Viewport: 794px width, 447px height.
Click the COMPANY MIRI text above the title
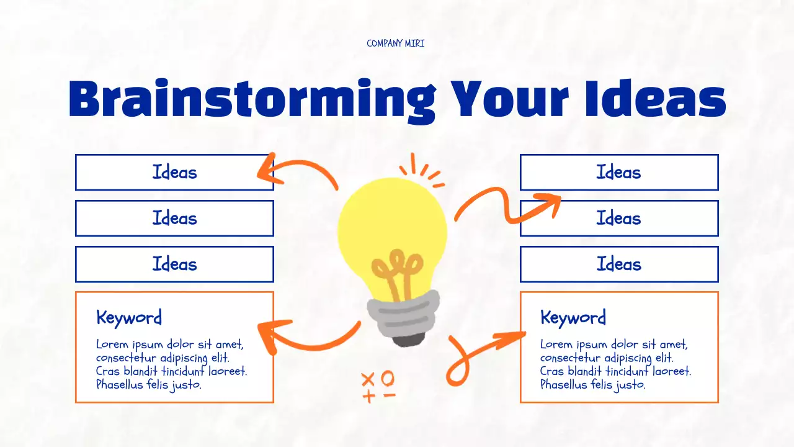pos(395,43)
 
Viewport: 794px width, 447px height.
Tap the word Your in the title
pos(509,99)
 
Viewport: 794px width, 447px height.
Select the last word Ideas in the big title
pos(655,99)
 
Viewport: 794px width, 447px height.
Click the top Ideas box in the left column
pos(174,172)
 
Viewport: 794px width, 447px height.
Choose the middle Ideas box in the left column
pos(174,218)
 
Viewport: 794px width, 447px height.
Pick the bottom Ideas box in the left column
pos(174,264)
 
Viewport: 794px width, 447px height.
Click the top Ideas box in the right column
pos(618,172)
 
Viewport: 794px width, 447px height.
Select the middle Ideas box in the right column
pos(618,218)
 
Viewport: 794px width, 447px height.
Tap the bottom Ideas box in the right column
pos(618,264)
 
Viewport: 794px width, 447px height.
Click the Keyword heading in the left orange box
pos(129,318)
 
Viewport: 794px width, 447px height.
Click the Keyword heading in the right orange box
pos(573,318)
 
